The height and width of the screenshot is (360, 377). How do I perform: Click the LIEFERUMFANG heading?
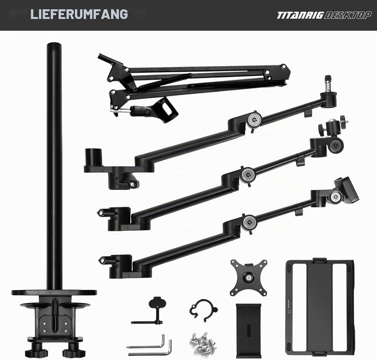coord(79,14)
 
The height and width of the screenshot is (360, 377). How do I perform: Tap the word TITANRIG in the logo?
coord(300,15)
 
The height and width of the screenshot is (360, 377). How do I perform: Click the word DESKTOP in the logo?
coord(348,15)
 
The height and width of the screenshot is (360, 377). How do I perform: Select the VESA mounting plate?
coord(249,277)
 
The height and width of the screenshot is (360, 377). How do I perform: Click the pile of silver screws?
coord(203,342)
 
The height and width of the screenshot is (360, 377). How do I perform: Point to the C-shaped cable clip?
coord(203,310)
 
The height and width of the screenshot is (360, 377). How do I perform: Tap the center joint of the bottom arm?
coord(249,223)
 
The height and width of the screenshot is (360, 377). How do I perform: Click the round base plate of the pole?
coord(54,292)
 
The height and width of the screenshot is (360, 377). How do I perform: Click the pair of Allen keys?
coord(150,346)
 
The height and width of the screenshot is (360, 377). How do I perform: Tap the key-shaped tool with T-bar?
coord(154,312)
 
